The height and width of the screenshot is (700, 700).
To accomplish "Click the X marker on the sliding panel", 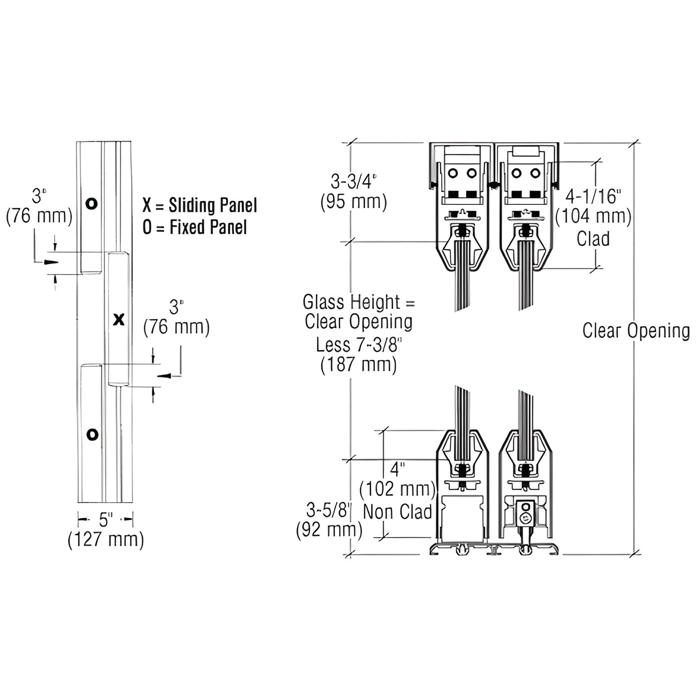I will (119, 320).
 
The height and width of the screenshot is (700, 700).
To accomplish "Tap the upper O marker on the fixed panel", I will (91, 203).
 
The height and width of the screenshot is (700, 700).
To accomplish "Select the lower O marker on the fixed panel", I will (92, 434).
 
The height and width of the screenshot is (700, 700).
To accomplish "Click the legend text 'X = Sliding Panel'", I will (200, 205).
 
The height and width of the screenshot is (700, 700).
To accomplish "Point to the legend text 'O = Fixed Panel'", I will (195, 227).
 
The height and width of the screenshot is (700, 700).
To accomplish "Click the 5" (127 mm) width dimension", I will (106, 530).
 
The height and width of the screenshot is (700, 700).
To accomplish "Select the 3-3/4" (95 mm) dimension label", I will (354, 192).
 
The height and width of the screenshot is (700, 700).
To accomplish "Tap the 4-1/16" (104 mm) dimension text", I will (593, 206).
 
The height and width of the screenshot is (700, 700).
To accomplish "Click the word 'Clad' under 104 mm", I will (593, 239).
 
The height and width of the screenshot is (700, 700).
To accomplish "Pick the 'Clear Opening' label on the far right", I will (636, 331).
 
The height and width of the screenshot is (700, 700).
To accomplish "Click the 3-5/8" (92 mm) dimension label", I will (329, 520).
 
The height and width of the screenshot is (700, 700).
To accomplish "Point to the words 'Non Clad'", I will (397, 512).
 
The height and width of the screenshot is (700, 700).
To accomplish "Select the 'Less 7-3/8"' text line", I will (359, 344).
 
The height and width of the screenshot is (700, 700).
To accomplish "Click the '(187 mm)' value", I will (358, 364).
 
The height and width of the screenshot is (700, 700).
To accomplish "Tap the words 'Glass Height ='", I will (359, 302).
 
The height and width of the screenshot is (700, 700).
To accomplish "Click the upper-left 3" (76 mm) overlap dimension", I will (39, 206).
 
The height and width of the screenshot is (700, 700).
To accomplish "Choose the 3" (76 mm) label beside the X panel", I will (176, 318).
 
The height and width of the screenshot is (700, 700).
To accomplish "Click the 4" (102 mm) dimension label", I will (397, 479).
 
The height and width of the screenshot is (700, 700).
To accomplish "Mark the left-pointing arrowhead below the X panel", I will (164, 375).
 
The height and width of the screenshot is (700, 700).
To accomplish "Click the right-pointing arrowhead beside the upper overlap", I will (50, 262).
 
